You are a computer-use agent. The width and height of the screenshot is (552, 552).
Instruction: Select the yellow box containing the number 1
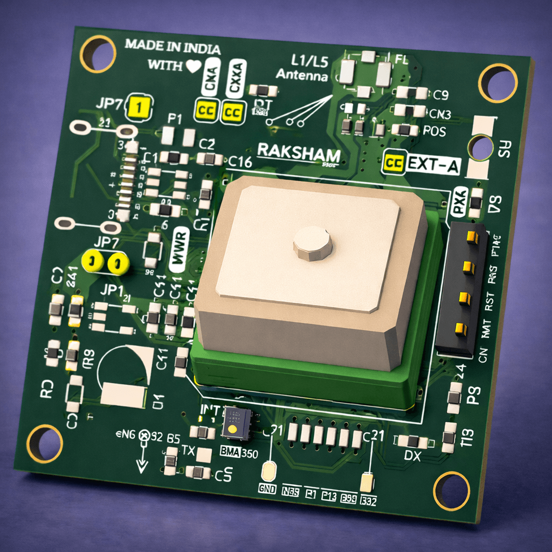(x=139, y=107)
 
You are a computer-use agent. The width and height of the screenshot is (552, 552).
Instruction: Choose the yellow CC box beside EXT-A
(x=393, y=162)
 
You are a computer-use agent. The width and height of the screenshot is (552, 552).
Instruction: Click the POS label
(x=434, y=131)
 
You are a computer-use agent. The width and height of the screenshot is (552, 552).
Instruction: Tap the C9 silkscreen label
(x=441, y=95)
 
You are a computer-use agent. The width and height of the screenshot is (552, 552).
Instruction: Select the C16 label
(x=240, y=161)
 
